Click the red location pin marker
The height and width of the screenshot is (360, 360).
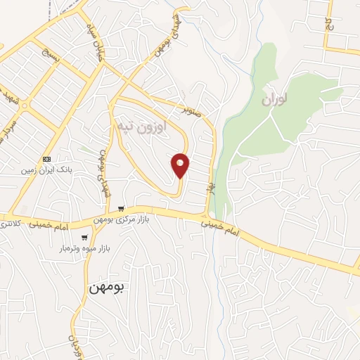click(181, 165)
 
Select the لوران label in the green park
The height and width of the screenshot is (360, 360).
click(276, 100)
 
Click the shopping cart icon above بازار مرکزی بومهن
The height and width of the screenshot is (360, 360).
click(122, 208)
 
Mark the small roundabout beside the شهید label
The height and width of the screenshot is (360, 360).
click(25, 106)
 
